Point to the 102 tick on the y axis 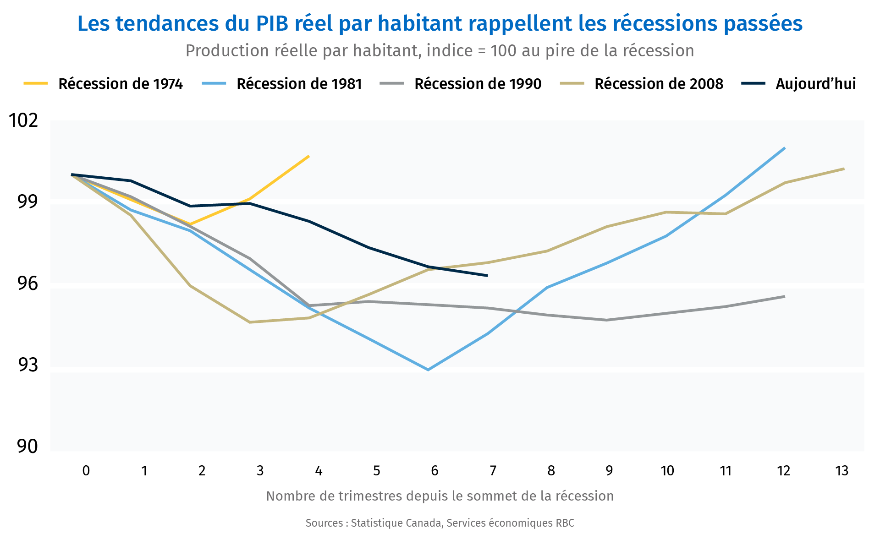point(24,120)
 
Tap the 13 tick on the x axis point(841,471)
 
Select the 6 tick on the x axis point(434,471)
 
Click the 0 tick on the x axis point(86,471)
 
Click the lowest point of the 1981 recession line point(428,370)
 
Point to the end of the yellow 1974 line point(309,156)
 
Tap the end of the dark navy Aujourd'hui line point(487,276)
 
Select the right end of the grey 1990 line point(785,296)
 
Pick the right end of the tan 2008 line point(844,169)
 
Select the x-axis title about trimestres point(440,496)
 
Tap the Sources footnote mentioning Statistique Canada point(440,523)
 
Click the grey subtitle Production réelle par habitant point(440,51)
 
